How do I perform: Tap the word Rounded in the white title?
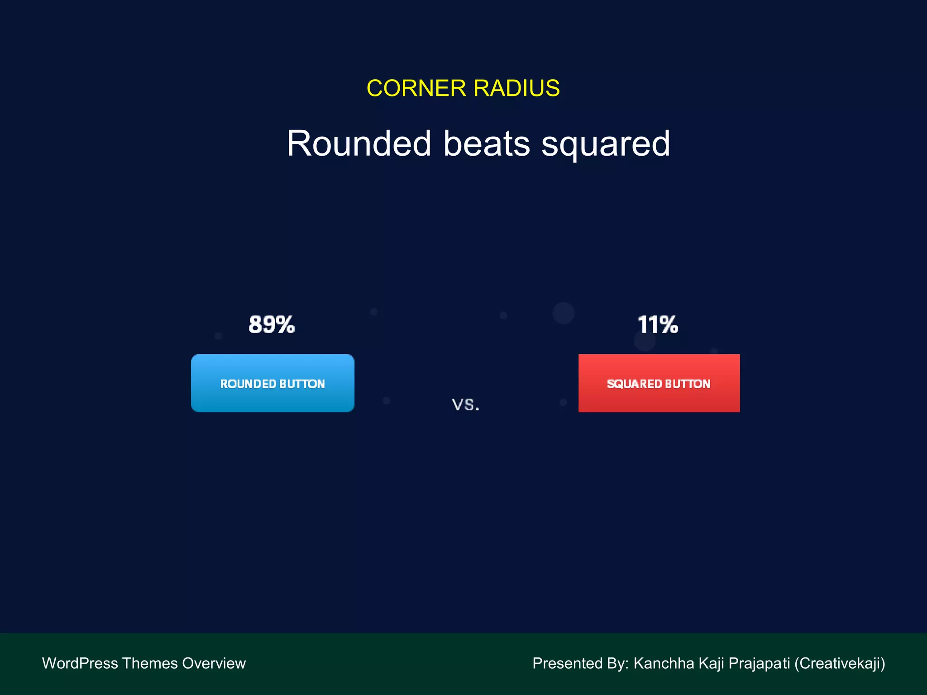coord(359,144)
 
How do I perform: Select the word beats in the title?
coord(486,144)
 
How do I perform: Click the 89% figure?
coord(272,324)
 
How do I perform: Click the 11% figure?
coord(658,324)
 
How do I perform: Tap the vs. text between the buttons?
coord(466,404)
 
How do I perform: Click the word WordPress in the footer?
coord(80,663)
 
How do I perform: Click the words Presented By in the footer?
coord(580,663)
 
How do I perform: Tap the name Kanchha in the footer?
coord(664,663)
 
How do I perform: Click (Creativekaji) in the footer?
coord(840,664)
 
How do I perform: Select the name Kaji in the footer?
coord(712,664)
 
